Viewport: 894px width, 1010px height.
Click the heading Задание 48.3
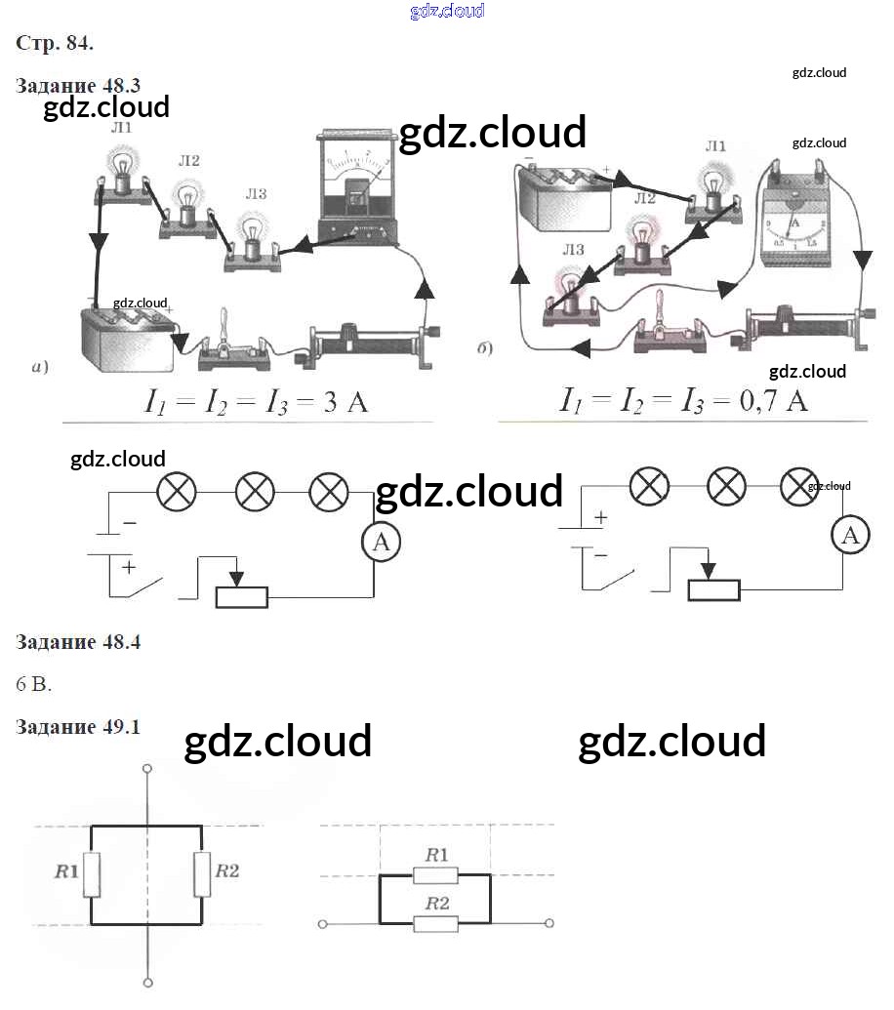point(78,85)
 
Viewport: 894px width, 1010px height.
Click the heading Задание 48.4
point(78,642)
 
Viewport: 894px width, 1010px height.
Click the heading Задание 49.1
point(78,727)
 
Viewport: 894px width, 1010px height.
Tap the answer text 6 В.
point(34,684)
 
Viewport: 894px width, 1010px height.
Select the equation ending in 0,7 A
point(683,400)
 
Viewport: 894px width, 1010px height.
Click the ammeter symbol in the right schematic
point(851,535)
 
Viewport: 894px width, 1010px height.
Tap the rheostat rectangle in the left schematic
point(241,597)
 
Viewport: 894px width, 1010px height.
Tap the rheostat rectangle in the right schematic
point(713,589)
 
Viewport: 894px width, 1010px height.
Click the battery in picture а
point(127,337)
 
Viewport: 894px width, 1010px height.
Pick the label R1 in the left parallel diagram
point(66,870)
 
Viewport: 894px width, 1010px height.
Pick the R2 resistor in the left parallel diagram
point(201,873)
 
